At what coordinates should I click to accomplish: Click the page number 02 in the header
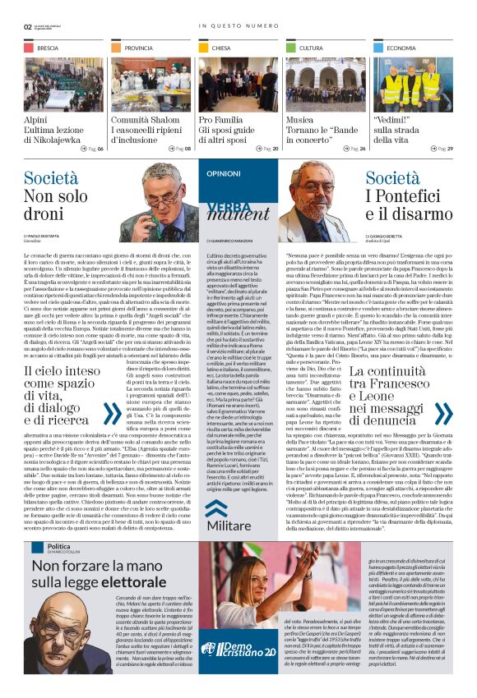point(28,26)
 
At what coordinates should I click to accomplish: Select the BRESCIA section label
point(48,48)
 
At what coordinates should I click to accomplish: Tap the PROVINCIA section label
point(139,48)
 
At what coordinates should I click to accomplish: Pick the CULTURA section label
point(311,48)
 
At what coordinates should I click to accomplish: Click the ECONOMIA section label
point(401,48)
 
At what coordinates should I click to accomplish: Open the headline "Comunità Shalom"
point(146,120)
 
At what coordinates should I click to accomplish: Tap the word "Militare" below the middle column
point(229,523)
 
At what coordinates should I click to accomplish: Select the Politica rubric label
point(58,546)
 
